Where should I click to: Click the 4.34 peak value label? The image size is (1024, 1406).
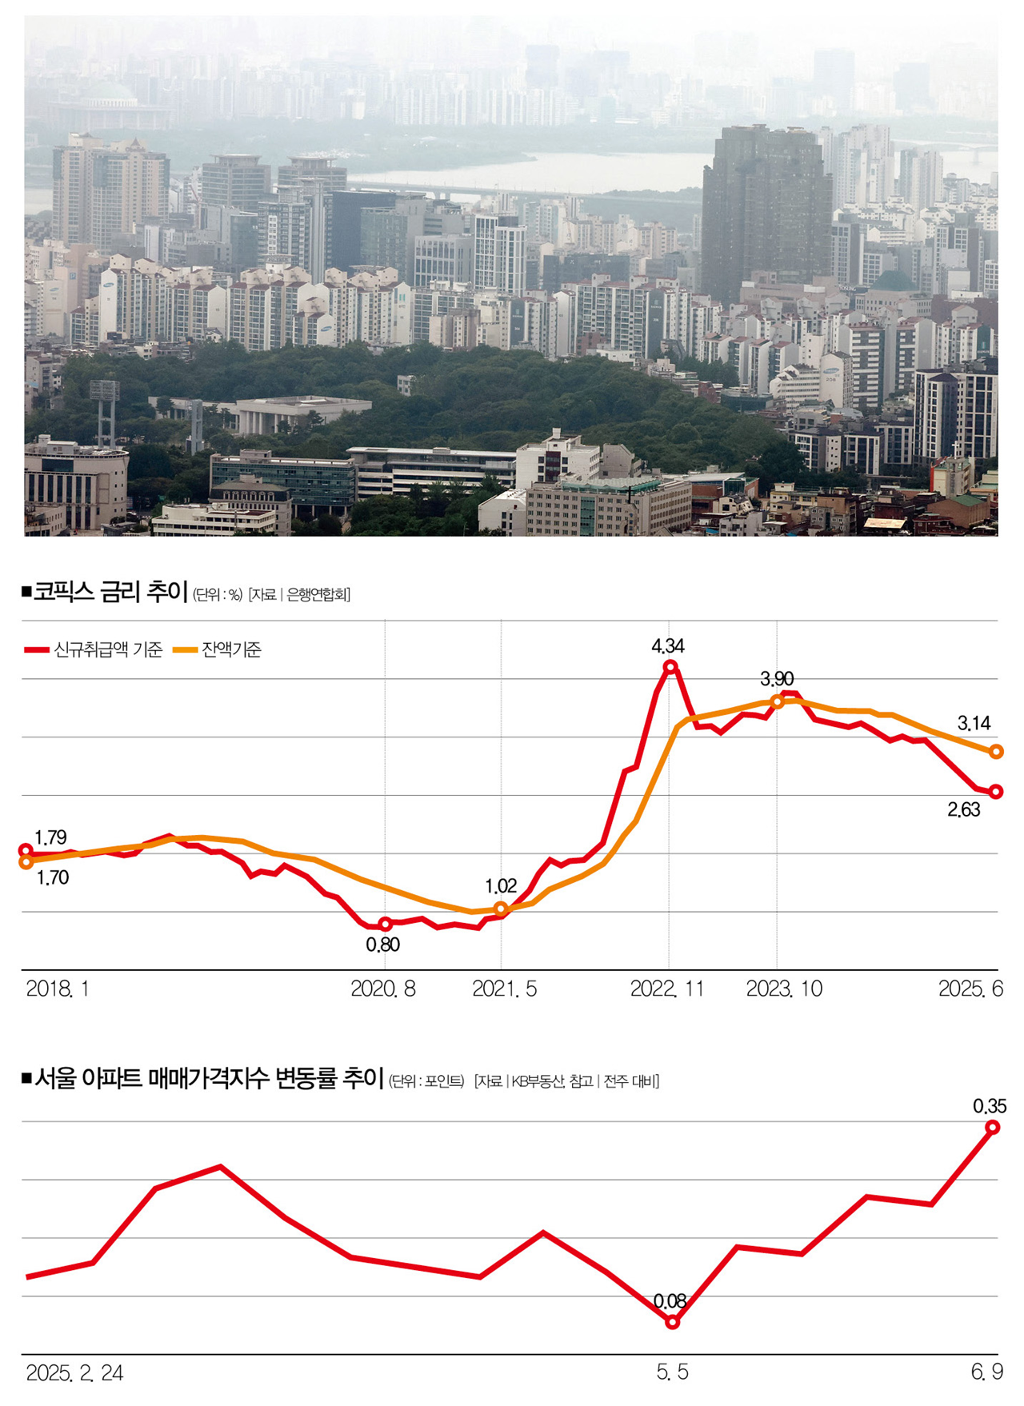(x=668, y=646)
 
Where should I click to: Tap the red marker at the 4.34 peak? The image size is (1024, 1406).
(x=671, y=666)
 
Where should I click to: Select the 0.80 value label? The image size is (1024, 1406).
(x=382, y=945)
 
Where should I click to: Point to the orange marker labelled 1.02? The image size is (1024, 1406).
(x=502, y=909)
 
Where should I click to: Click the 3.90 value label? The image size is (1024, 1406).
(x=777, y=680)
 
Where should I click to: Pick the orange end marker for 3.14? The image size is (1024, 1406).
(x=996, y=752)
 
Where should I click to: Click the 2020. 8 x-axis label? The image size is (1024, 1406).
(x=383, y=989)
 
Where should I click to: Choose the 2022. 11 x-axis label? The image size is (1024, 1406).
(x=667, y=989)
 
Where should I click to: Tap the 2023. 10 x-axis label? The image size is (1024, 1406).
(x=784, y=989)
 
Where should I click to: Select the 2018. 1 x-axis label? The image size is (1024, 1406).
(x=58, y=989)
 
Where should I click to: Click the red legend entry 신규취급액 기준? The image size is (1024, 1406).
(x=94, y=650)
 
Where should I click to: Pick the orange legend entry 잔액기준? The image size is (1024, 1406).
(x=219, y=650)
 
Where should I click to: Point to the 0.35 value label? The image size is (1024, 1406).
(x=990, y=1107)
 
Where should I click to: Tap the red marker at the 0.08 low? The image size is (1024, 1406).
(x=673, y=1322)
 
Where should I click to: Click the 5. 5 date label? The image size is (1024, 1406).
(x=672, y=1372)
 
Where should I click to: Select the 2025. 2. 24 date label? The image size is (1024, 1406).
(x=74, y=1373)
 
